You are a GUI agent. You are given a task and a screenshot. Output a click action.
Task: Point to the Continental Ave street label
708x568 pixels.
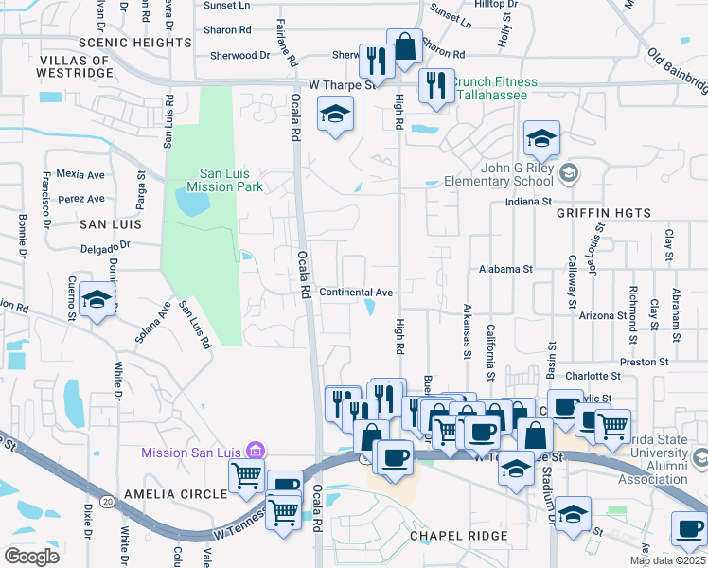(356, 293)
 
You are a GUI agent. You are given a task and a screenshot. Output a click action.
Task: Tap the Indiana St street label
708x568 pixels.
(528, 202)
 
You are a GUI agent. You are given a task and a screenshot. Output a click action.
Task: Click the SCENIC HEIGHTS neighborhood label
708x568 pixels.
(135, 43)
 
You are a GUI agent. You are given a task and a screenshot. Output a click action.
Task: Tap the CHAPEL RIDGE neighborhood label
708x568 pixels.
(459, 536)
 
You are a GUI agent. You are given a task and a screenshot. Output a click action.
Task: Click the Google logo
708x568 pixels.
(31, 556)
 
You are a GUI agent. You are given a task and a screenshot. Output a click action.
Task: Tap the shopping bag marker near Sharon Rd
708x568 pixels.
(405, 46)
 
